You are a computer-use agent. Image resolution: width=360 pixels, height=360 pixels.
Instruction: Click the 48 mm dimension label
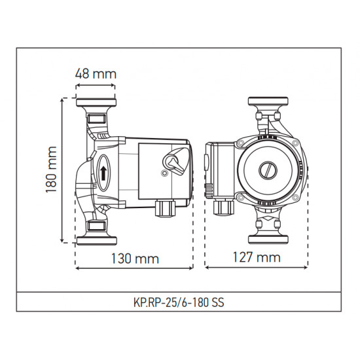point(96,74)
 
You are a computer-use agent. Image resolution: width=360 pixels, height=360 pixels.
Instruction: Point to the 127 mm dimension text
point(257,258)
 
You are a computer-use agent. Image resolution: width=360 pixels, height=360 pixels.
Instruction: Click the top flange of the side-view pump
point(96,103)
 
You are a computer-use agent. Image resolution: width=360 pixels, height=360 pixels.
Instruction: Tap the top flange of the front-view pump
point(268,103)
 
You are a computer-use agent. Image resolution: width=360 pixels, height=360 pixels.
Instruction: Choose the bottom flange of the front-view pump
point(268,236)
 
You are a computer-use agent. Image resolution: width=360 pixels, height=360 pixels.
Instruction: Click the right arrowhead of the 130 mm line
point(192,267)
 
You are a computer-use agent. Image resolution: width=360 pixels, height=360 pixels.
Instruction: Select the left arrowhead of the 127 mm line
point(207,267)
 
